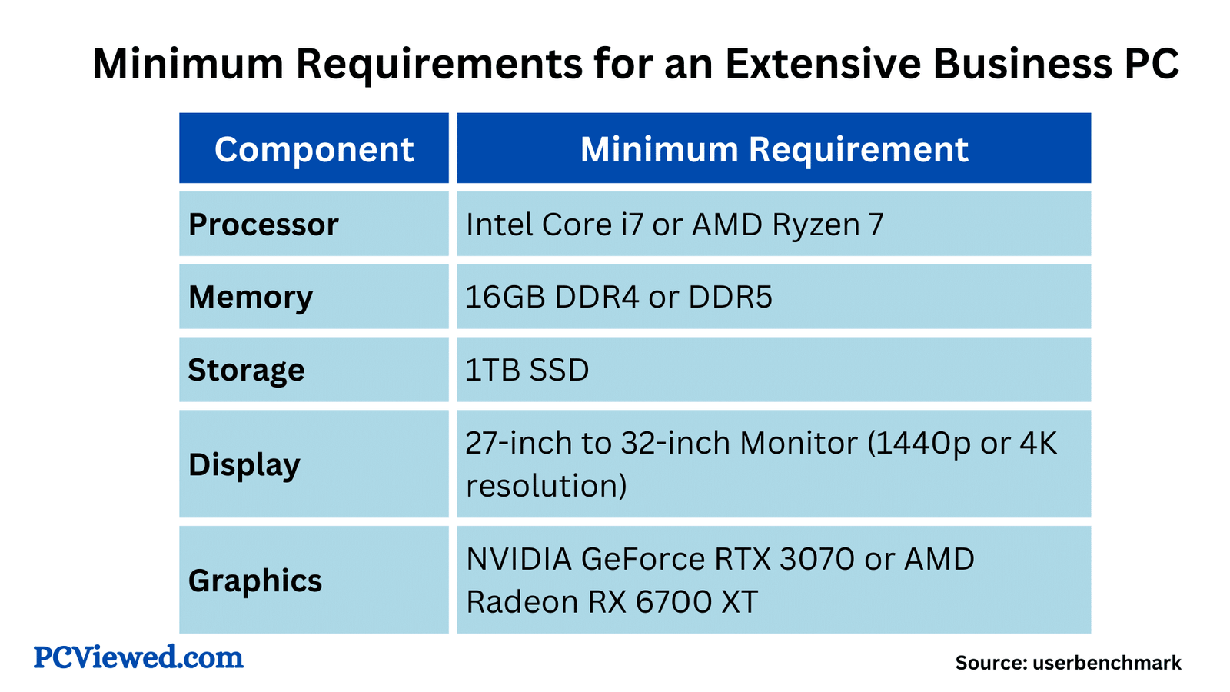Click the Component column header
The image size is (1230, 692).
pos(314,149)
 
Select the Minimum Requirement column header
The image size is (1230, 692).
pos(773,149)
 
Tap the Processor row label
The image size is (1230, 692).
pos(263,225)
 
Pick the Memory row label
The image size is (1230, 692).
pos(251,297)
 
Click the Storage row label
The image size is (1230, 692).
pos(246,370)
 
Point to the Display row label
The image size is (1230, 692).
pos(244,464)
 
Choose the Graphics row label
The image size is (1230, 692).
pos(254,581)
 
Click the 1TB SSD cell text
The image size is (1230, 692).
pos(527,370)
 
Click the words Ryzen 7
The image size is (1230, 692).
pos(828,225)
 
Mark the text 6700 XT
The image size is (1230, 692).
pos(697,601)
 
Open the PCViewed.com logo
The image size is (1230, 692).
pos(138,657)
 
